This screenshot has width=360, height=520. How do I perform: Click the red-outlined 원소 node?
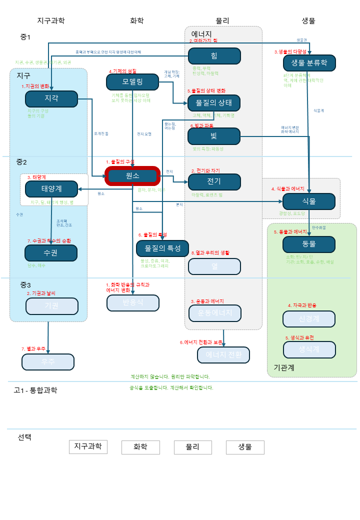(132, 176)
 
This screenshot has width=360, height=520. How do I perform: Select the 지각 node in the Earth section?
(51, 98)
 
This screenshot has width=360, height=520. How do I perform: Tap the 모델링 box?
(132, 81)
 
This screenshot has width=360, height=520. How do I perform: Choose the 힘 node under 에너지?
(214, 56)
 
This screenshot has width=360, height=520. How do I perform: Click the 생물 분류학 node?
(309, 63)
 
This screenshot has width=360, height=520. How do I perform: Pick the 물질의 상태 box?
(214, 102)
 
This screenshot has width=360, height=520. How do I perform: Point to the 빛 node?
(214, 136)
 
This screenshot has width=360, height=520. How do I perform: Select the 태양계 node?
(51, 189)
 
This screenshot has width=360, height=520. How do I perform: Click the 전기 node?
(214, 181)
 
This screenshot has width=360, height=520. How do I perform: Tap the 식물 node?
(309, 201)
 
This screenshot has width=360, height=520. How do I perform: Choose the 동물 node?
(309, 244)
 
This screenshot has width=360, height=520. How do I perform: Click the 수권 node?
(51, 253)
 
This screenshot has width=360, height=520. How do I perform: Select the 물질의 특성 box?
(162, 248)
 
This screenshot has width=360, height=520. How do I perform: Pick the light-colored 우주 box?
(48, 361)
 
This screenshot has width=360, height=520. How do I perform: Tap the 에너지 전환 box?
(223, 354)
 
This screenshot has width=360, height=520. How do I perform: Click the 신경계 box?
(308, 319)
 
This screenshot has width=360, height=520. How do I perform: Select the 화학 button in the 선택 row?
(140, 447)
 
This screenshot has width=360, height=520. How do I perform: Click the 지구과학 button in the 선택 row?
(88, 446)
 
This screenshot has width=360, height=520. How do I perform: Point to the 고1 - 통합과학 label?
(35, 390)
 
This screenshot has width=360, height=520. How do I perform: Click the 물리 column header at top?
(222, 20)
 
